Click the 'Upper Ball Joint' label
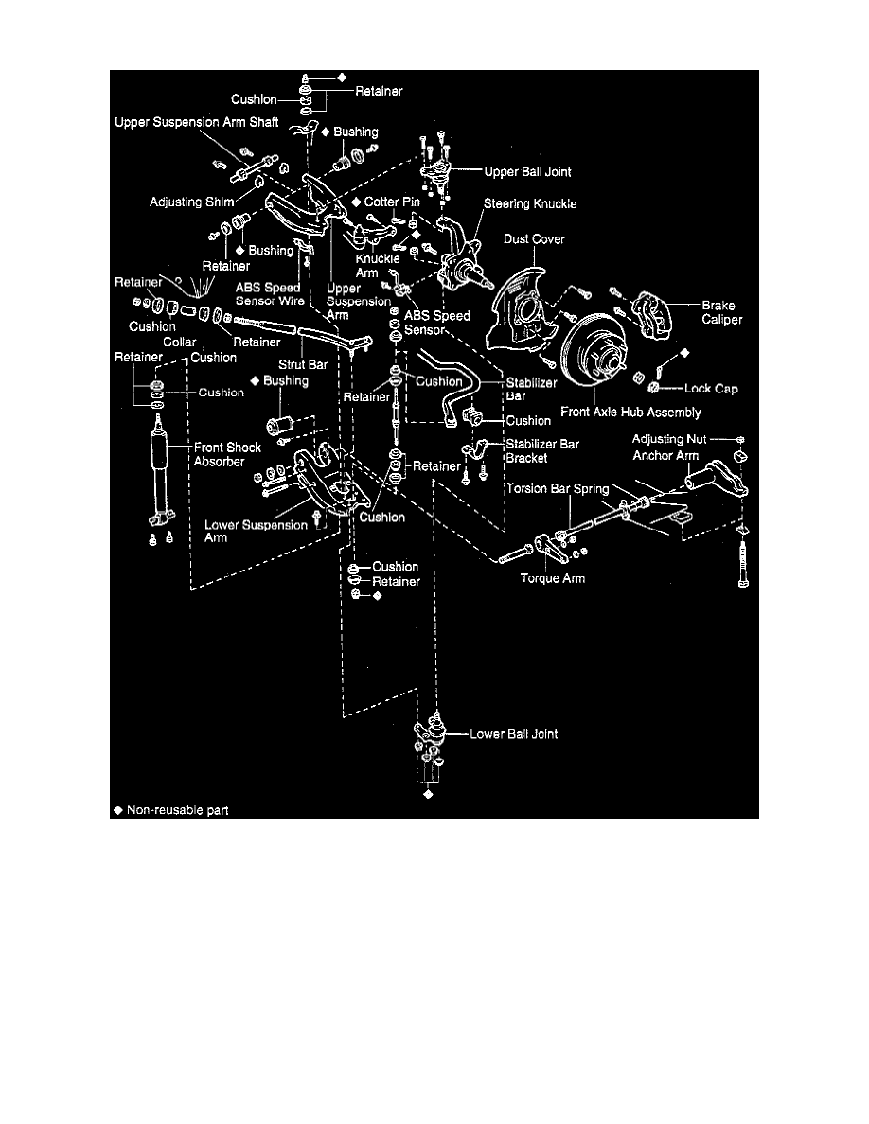tap(526, 172)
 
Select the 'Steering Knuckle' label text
tap(530, 203)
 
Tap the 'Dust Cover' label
tap(534, 239)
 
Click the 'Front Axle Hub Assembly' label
tap(630, 412)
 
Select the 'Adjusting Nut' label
tap(669, 439)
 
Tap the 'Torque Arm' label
tap(553, 578)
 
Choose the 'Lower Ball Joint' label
tap(514, 733)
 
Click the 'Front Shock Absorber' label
tap(227, 454)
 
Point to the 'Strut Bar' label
tap(296, 361)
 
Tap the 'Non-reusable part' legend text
tap(177, 810)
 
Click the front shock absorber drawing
tap(161, 473)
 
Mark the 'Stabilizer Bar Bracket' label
tap(541, 450)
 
